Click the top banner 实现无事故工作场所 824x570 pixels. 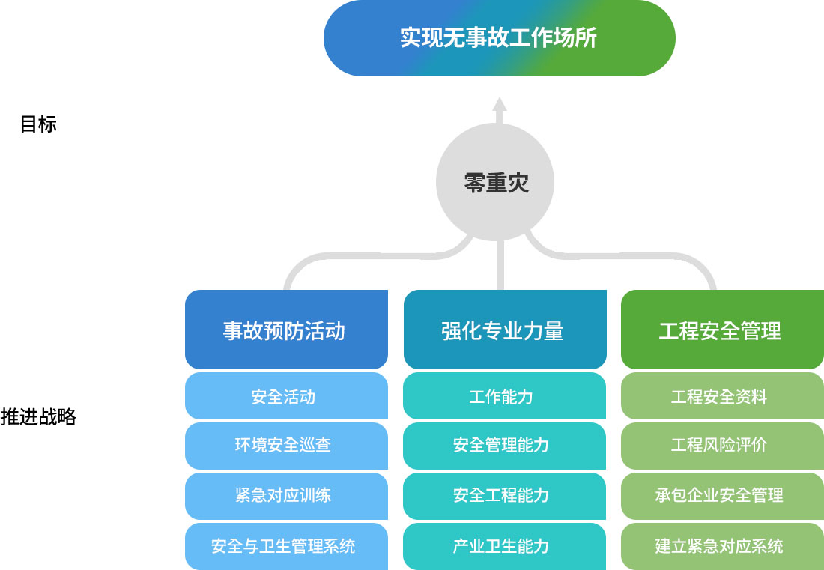pyautogui.click(x=499, y=37)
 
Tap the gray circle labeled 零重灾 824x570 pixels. pyautogui.click(x=495, y=182)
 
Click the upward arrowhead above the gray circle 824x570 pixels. pyautogui.click(x=500, y=104)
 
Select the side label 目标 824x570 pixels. pyautogui.click(x=38, y=124)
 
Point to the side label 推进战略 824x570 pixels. pyautogui.click(x=38, y=416)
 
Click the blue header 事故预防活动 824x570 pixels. pyautogui.click(x=286, y=330)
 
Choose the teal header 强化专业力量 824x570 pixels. pyautogui.click(x=505, y=330)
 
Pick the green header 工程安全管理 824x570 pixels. pyautogui.click(x=723, y=330)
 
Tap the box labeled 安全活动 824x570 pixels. pyautogui.click(x=286, y=396)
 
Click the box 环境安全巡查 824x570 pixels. pyautogui.click(x=286, y=446)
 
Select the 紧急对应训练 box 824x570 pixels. pyautogui.click(x=286, y=496)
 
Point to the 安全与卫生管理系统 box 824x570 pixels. pyautogui.click(x=286, y=546)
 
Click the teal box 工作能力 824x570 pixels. pyautogui.click(x=504, y=396)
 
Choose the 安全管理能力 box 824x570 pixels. pyautogui.click(x=504, y=446)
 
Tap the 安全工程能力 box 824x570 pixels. pyautogui.click(x=504, y=496)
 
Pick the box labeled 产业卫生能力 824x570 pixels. pyautogui.click(x=504, y=546)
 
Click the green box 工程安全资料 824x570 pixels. pyautogui.click(x=723, y=396)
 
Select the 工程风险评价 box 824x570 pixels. pyautogui.click(x=723, y=446)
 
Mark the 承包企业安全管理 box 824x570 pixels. pyautogui.click(x=723, y=496)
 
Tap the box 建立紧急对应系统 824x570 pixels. pyautogui.click(x=723, y=546)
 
